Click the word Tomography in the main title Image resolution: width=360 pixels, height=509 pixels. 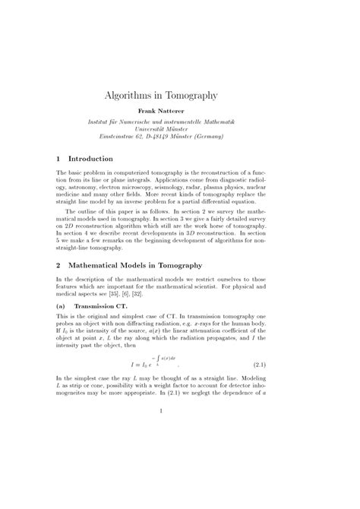point(190,96)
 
